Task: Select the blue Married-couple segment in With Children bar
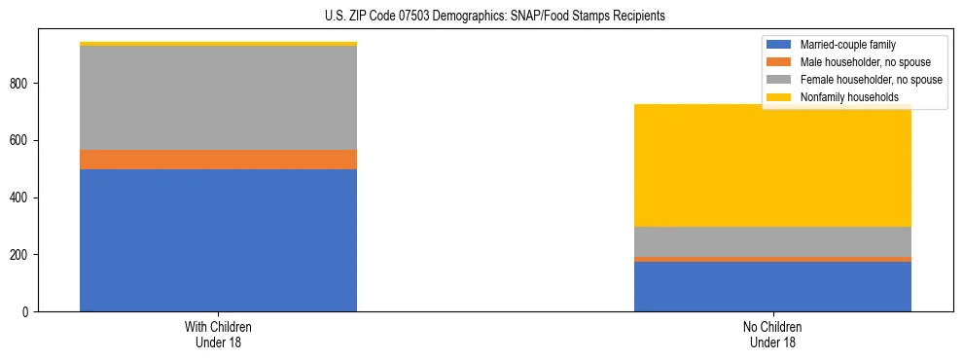218,240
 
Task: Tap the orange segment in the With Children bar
218,160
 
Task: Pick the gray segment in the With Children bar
218,97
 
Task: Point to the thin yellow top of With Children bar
218,44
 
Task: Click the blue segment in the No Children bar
772,286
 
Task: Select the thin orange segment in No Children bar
772,259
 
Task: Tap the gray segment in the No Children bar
772,241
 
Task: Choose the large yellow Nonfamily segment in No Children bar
772,165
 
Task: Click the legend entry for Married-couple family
847,45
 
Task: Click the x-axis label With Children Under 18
218,334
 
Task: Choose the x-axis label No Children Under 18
772,334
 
